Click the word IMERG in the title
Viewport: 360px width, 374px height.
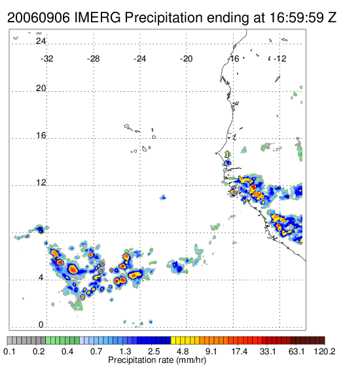click(98, 18)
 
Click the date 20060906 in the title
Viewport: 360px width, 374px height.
click(39, 18)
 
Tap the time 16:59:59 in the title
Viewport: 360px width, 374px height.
click(297, 18)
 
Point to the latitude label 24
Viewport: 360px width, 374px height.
click(41, 41)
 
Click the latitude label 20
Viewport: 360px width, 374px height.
click(41, 88)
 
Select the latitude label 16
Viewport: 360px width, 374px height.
click(41, 136)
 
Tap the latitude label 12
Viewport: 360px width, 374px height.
click(41, 183)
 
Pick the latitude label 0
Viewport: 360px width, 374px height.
click(41, 325)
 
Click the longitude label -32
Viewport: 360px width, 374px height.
click(46, 59)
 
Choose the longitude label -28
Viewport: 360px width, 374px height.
click(93, 59)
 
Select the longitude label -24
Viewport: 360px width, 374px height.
click(139, 59)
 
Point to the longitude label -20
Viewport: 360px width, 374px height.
click(186, 59)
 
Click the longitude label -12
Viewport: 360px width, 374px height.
click(279, 59)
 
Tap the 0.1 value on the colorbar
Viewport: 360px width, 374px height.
click(10, 351)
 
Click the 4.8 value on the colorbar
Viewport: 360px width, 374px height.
click(183, 351)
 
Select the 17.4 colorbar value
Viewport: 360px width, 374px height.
click(240, 351)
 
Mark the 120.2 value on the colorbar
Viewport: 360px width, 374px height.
click(325, 351)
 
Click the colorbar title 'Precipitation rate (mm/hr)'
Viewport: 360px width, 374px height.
click(157, 360)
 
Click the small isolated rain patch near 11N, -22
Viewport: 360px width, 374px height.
click(163, 198)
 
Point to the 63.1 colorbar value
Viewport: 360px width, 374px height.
click(297, 351)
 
